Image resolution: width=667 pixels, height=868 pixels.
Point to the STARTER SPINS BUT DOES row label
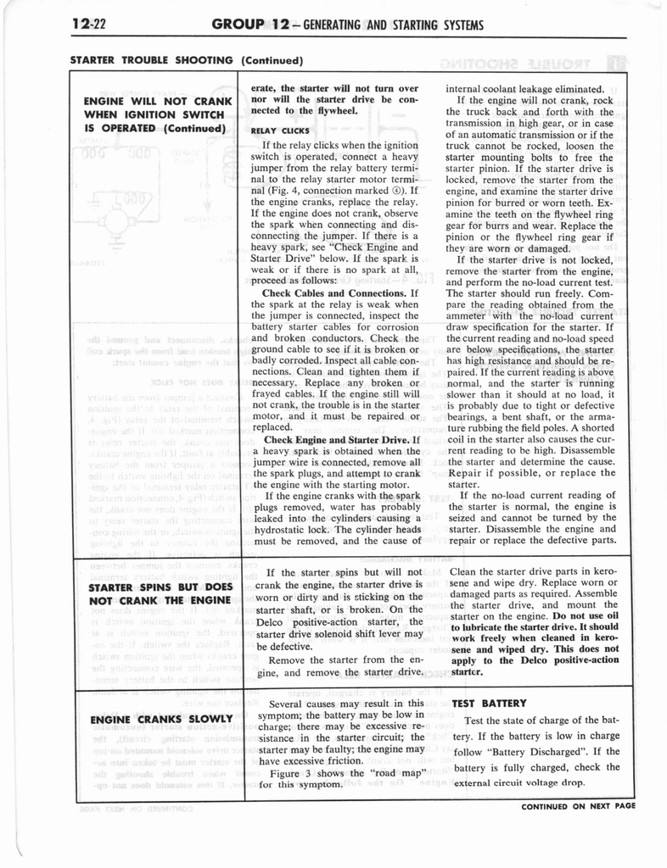click(x=160, y=586)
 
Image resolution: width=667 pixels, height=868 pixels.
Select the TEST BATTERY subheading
click(x=490, y=704)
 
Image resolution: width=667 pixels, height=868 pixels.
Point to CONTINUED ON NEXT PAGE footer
click(x=579, y=806)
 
